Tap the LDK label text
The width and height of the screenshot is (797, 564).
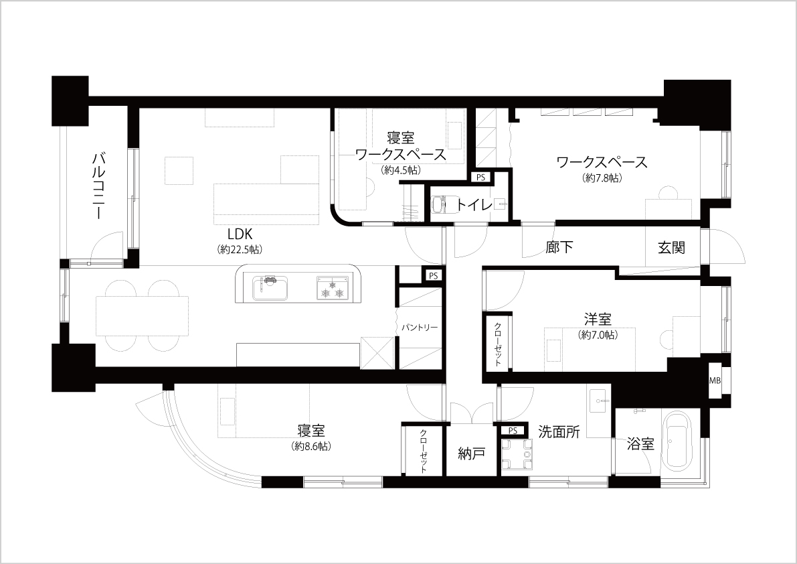tap(240, 234)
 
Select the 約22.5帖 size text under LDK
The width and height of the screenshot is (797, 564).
tap(240, 250)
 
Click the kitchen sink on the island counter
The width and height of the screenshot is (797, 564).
tap(270, 288)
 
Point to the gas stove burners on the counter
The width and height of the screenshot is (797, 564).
tap(333, 288)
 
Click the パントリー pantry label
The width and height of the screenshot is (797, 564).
tap(420, 328)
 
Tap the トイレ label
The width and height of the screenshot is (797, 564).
tap(474, 206)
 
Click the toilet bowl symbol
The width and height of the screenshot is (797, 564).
tap(439, 206)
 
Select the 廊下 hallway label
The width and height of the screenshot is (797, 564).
tap(559, 247)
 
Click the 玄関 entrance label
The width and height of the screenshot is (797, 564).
tap(671, 247)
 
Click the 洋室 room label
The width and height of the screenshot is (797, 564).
tap(598, 320)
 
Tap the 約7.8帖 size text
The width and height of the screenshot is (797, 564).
tap(603, 178)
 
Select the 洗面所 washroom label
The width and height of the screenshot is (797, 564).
tap(559, 432)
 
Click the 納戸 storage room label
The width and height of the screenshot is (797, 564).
tap(471, 453)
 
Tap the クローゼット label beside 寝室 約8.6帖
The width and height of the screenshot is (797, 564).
tap(424, 451)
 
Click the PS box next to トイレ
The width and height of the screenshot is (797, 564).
tap(480, 178)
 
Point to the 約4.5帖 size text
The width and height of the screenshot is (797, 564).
tap(401, 170)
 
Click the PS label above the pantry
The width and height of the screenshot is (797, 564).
tap(433, 276)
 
